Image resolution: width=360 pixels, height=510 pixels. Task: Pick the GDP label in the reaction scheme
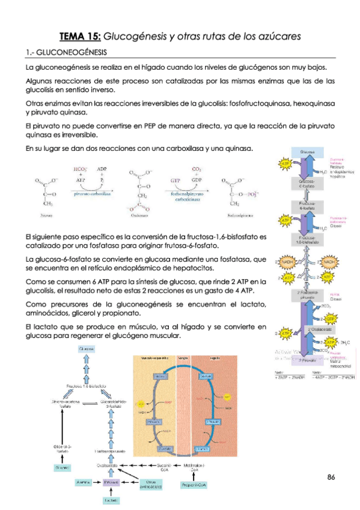197,179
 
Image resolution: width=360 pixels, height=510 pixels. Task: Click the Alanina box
84,482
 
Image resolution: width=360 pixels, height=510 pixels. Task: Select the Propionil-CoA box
194,484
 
